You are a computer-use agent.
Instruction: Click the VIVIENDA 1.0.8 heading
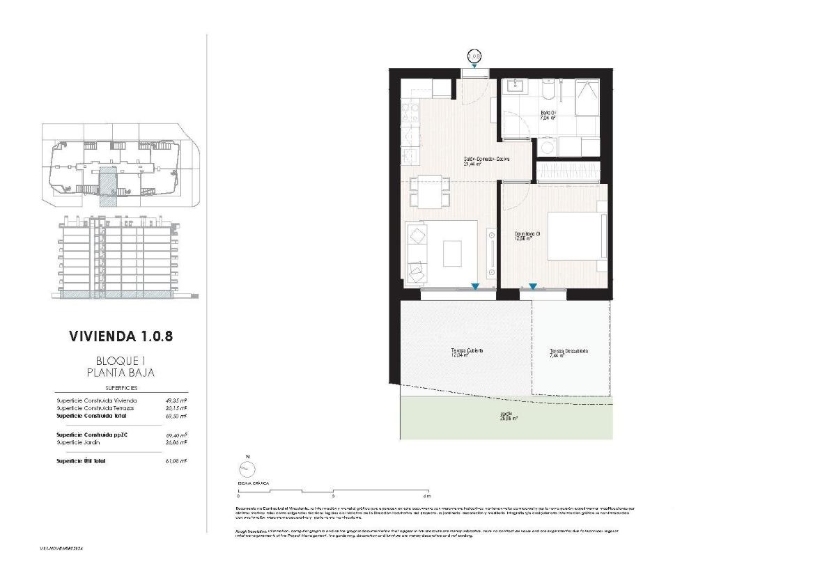[121, 336]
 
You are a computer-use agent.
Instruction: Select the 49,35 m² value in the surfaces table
[176, 400]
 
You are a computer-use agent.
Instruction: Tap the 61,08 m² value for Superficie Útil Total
[176, 461]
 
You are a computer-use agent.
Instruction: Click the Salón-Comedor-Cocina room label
[487, 161]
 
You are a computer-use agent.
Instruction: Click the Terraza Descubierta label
[568, 352]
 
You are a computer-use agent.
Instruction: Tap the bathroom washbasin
[516, 88]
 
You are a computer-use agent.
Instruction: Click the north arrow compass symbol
[246, 469]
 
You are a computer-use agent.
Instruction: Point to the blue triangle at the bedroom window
[532, 286]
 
